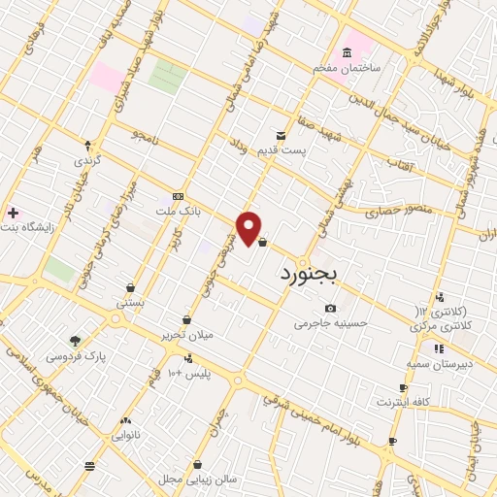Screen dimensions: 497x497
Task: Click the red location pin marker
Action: (249, 228)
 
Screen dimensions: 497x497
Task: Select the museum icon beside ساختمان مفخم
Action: (347, 53)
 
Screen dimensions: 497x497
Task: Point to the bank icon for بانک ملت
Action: (177, 195)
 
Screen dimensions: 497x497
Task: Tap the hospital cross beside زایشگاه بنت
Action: (12, 212)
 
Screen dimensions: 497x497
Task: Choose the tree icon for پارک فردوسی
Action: (75, 341)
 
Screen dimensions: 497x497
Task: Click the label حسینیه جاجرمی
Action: (332, 323)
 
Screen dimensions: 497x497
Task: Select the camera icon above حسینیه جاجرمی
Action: (331, 309)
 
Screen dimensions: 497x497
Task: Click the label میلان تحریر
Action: (187, 335)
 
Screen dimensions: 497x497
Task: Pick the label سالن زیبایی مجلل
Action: (198, 480)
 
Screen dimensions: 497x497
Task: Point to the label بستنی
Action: (130, 303)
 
